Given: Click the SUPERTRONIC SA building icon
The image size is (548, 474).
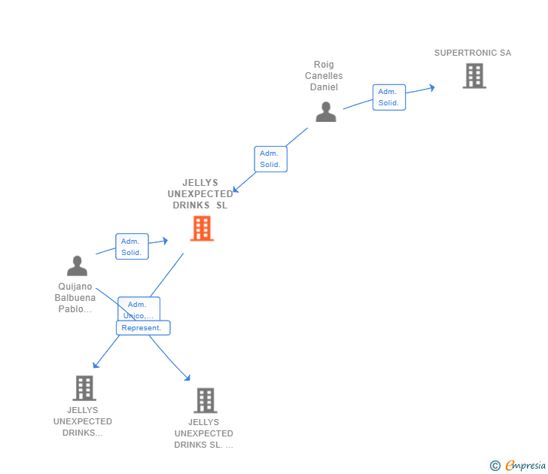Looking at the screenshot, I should tap(473, 76).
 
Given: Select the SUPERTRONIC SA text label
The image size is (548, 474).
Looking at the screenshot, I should tap(472, 53).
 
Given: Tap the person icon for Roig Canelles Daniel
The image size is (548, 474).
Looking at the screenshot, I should tap(325, 112).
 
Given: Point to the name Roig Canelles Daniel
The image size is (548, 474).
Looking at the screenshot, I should tap(324, 76).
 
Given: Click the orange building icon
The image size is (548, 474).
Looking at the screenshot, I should tap(201, 228).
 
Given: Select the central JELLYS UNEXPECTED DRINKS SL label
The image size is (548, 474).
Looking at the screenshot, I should tap(199, 194).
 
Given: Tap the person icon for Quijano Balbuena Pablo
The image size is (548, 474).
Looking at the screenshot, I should tap(77, 266).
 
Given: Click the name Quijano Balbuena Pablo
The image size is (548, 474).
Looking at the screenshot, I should tap(75, 298).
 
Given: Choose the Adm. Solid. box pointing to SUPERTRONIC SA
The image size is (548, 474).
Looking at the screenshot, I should tap(388, 97).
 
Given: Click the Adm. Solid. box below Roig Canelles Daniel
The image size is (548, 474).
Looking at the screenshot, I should tap(270, 159).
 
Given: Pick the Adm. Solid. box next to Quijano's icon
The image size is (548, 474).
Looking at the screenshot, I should tap(132, 247).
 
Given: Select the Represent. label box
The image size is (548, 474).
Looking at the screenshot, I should tap(143, 328).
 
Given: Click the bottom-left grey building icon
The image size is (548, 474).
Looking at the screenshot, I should tap(84, 388).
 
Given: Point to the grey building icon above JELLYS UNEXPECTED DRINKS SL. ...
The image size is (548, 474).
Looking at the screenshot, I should tap(205, 400).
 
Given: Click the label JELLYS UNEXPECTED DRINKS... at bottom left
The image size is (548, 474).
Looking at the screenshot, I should tap(83, 421).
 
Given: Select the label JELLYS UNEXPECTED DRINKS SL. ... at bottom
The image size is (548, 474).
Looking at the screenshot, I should tap(204, 433).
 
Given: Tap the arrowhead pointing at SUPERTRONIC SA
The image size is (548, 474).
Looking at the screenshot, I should tap(431, 87).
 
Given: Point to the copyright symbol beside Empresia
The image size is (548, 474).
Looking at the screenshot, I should tap(495, 466).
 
